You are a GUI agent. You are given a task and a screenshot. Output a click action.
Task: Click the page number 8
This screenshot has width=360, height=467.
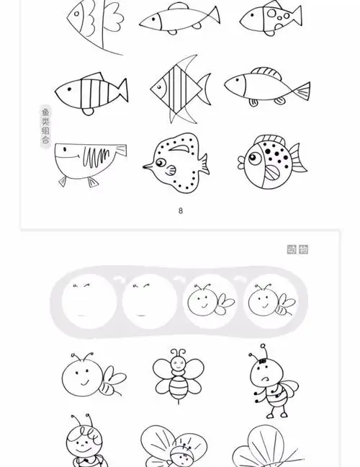pyautogui.click(x=181, y=210)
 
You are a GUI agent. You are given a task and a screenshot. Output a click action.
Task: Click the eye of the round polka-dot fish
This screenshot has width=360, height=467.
pyautogui.click(x=251, y=152)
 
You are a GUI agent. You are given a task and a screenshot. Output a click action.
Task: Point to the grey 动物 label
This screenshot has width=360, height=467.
pyautogui.click(x=297, y=249)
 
